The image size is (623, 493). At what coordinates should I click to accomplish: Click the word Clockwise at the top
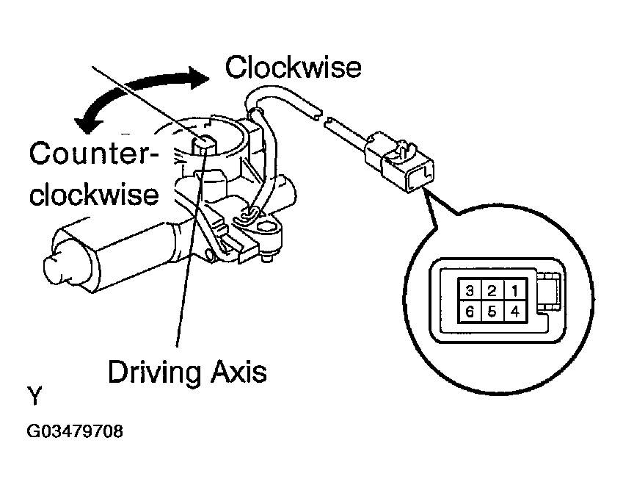point(293,68)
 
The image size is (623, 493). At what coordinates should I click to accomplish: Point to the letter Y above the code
point(34,397)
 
